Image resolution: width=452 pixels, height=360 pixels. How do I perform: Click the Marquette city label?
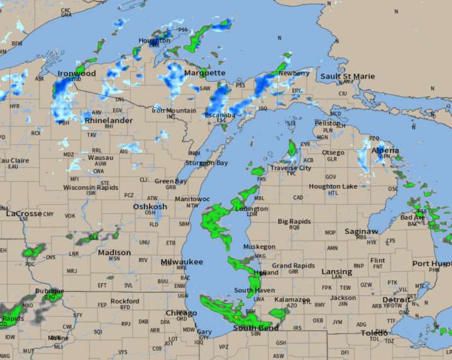[x=204, y=73]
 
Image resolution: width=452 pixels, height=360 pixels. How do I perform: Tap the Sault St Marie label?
[x=347, y=77]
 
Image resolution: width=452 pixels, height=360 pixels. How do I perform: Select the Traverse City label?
[x=290, y=168]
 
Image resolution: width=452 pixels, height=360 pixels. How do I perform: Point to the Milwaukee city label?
[x=182, y=261]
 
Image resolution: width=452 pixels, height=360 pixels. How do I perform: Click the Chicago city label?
[x=181, y=313]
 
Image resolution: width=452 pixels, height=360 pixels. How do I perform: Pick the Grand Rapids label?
[x=293, y=266]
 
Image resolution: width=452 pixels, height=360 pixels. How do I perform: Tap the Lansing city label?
[x=336, y=271]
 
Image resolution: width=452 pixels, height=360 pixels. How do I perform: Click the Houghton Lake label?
[x=333, y=187]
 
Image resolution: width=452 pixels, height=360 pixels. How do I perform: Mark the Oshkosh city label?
[x=150, y=207]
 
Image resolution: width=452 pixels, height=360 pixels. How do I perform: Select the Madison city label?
[x=114, y=253]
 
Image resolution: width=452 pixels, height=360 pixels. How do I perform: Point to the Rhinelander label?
[x=108, y=120]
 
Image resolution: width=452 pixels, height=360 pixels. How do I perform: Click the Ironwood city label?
[x=77, y=74]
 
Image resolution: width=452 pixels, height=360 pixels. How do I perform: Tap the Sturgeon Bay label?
[x=206, y=163]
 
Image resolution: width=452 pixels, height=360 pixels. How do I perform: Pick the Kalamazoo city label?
[x=292, y=300]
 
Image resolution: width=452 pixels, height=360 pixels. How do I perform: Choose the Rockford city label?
[x=124, y=302]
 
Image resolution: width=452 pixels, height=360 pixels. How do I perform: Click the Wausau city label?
[x=100, y=157]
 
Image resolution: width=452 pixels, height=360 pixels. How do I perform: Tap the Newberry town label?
[x=294, y=73]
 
